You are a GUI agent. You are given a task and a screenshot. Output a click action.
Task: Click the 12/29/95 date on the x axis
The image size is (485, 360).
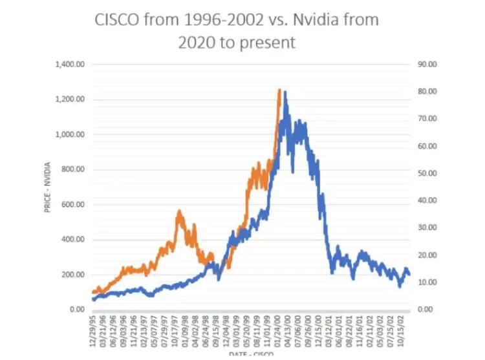94,330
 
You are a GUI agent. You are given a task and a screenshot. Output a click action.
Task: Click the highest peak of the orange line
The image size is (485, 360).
279,90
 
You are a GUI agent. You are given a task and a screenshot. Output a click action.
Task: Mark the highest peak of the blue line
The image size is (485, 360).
285,92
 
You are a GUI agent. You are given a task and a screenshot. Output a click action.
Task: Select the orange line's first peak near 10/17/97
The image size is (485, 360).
179,211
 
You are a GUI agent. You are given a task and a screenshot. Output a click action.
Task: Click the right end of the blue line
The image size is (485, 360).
409,275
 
